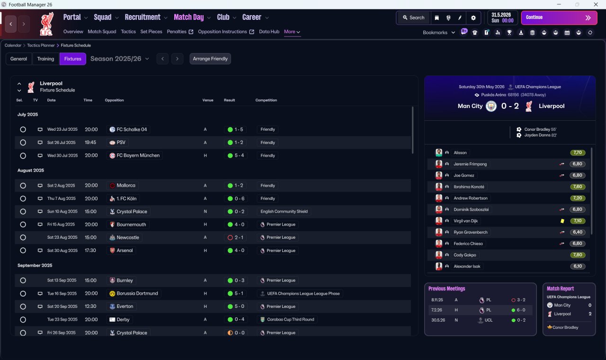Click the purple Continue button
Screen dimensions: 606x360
(x=559, y=18)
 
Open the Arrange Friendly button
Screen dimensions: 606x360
(x=210, y=59)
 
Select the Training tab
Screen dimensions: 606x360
(x=45, y=59)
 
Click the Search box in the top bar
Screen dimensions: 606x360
(x=414, y=18)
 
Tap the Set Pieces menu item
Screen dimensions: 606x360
(x=151, y=32)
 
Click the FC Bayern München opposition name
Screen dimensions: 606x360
(x=138, y=155)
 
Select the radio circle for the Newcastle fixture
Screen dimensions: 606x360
(x=23, y=237)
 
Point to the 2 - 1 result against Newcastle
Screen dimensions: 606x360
(x=236, y=237)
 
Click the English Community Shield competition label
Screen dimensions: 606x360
(x=284, y=211)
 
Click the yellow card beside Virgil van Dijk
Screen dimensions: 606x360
(x=562, y=221)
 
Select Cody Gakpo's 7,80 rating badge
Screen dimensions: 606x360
(x=577, y=255)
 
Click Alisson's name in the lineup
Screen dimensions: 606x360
(x=460, y=153)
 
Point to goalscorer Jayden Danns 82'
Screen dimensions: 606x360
(x=540, y=135)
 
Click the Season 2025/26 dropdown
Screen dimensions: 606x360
(x=120, y=59)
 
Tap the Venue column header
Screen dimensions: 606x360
(x=208, y=100)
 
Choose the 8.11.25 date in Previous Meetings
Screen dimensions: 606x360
(x=437, y=300)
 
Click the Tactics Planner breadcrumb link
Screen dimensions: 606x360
(x=41, y=45)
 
